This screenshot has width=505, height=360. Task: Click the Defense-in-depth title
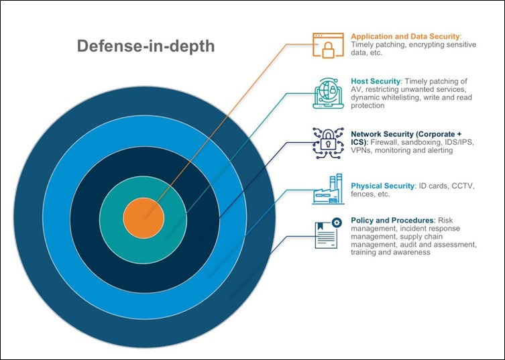(146, 46)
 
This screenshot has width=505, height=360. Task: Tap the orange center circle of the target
(144, 218)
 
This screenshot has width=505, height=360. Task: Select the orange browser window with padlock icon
(328, 45)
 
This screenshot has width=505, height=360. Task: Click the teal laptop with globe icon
(328, 93)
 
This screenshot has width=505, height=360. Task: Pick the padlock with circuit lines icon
(328, 143)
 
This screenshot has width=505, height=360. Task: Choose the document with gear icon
(328, 233)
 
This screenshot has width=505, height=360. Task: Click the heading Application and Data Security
(406, 36)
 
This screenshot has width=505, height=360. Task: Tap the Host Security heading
(376, 81)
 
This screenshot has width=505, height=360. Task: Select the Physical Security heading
(383, 186)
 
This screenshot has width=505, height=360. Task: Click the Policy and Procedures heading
(392, 221)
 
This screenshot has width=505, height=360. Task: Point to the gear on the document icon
(337, 223)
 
